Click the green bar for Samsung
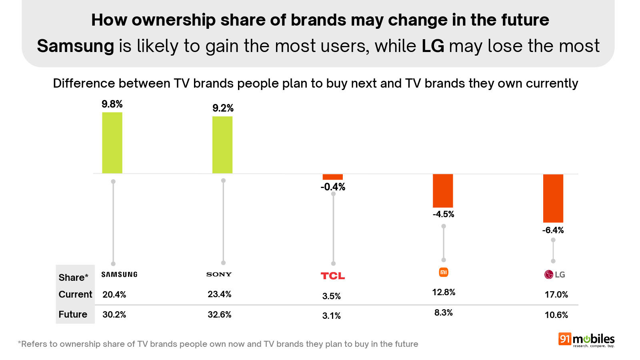[x=112, y=143]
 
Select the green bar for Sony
[x=222, y=145]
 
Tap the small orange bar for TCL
[x=333, y=177]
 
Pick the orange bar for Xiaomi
[x=443, y=191]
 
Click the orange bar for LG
[x=553, y=198]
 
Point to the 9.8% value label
[x=112, y=104]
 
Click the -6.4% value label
[x=553, y=230]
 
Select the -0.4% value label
[x=333, y=187]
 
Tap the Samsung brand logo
[x=119, y=274]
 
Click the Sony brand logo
[x=219, y=274]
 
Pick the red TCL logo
[x=333, y=276]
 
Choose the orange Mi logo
[x=444, y=272]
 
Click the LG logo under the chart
[x=555, y=274]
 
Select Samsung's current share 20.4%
[x=114, y=295]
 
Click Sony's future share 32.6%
[x=219, y=315]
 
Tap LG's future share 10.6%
[x=556, y=315]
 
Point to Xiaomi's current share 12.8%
[x=444, y=292]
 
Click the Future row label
[x=73, y=314]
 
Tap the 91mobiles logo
[x=586, y=340]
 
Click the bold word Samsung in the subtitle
[x=76, y=46]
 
